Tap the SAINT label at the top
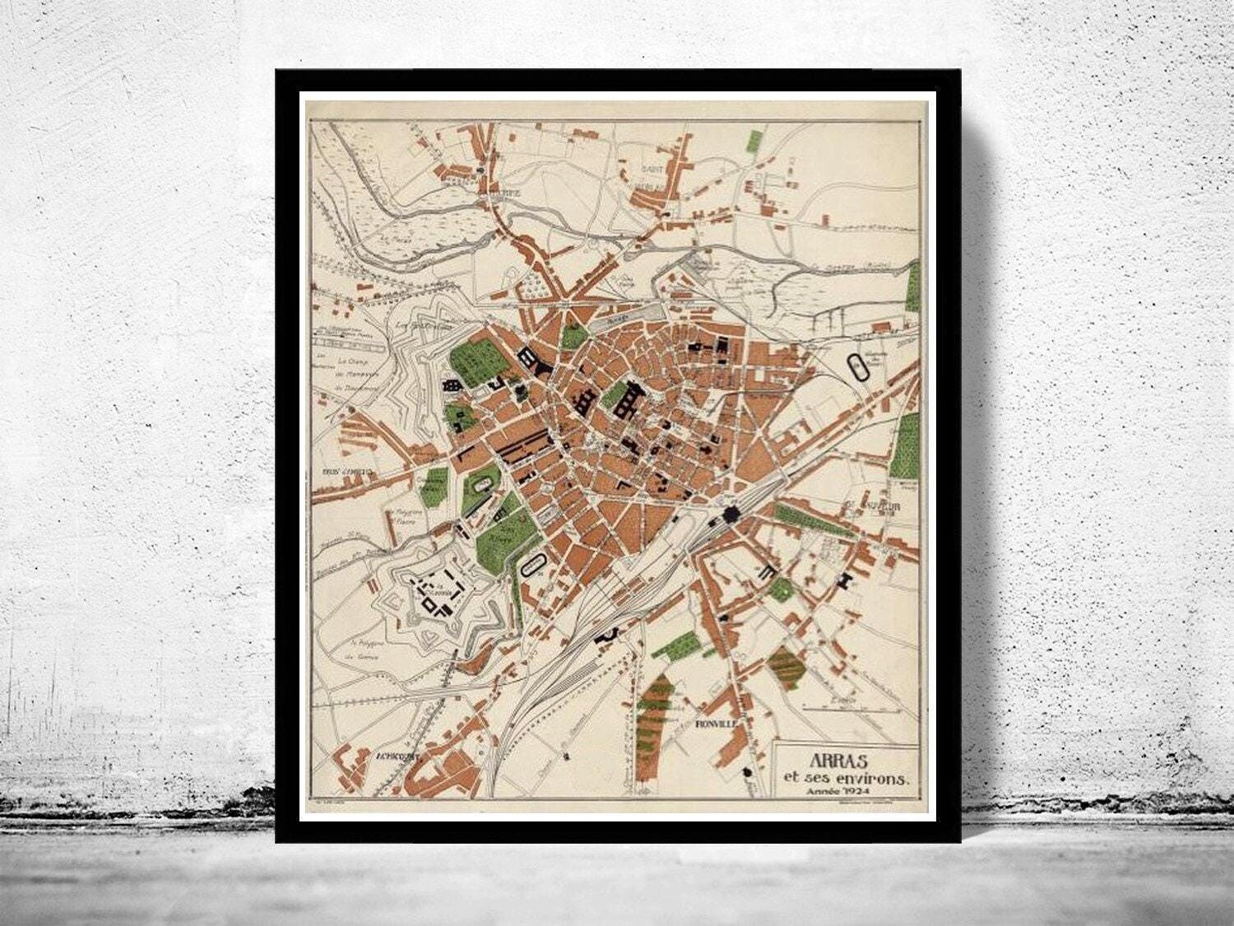click(x=654, y=170)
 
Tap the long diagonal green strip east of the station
click(x=813, y=521)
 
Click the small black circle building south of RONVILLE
click(x=747, y=771)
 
